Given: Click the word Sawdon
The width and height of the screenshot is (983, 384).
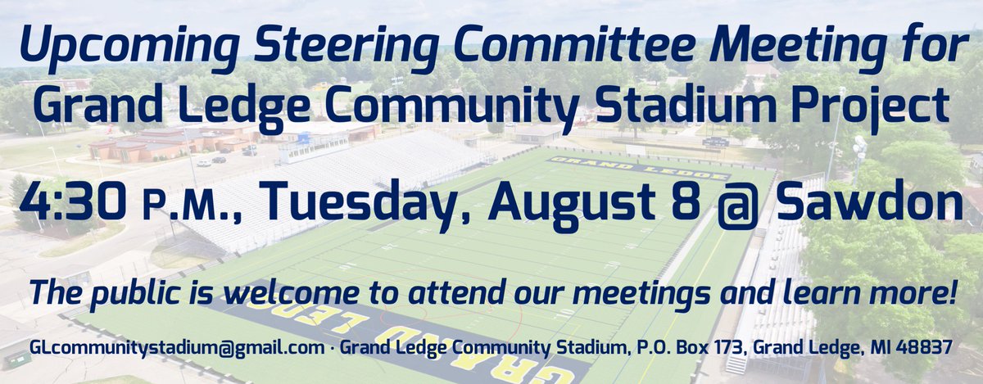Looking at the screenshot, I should [869, 201].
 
